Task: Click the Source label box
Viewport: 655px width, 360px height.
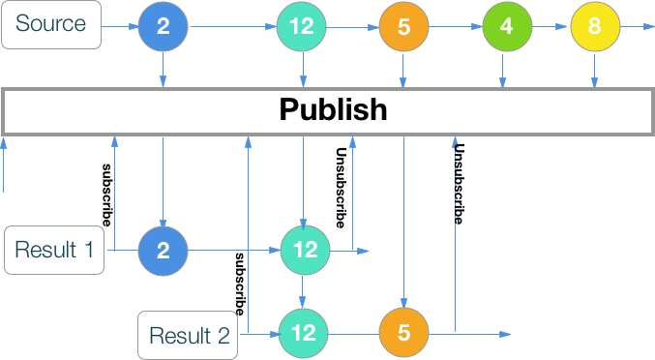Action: point(50,25)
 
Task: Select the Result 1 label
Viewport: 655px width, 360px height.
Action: point(54,251)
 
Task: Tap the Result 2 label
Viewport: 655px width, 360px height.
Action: point(189,335)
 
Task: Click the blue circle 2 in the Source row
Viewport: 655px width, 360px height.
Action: point(163,26)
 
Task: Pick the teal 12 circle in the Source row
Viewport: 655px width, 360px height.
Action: point(302,26)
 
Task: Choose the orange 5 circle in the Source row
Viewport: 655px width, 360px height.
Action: point(403,26)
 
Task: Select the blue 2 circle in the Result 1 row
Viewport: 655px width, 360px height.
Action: point(163,251)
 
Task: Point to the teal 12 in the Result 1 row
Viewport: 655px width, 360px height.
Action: point(305,251)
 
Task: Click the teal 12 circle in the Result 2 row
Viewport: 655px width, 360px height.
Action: point(303,334)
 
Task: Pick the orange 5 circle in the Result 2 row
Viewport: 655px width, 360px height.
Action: point(403,334)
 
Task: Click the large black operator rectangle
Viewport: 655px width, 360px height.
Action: point(326,111)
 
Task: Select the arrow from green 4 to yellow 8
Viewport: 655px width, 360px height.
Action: point(551,26)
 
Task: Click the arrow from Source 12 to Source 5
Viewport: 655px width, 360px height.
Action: point(353,26)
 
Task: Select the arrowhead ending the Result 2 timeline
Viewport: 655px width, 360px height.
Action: point(505,335)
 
